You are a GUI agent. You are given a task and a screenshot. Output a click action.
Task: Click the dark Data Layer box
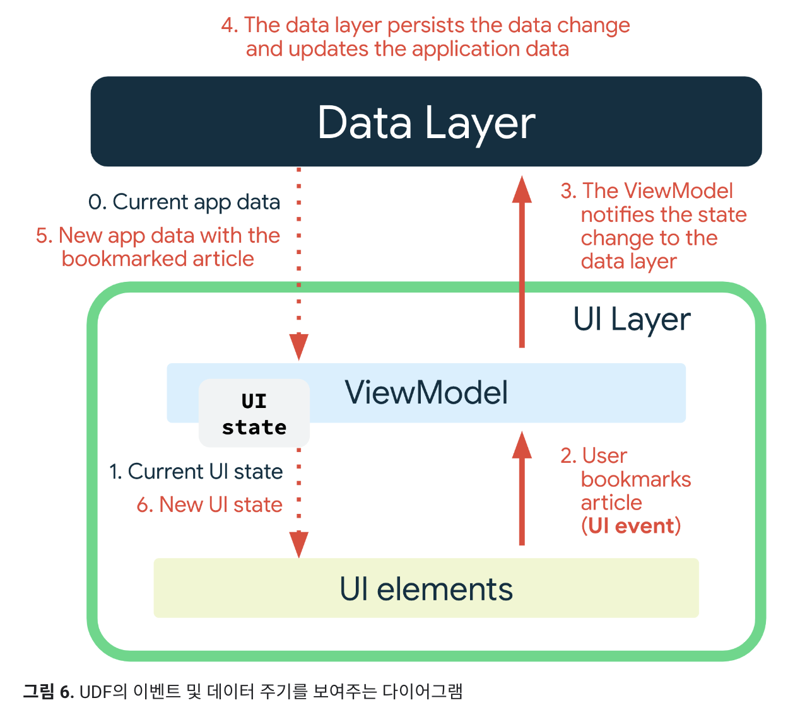pos(426,122)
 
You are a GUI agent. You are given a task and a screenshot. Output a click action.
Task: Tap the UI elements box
pos(426,588)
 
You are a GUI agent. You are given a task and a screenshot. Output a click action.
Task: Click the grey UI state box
pos(254,414)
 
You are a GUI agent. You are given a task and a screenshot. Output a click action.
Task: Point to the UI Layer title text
pos(632,319)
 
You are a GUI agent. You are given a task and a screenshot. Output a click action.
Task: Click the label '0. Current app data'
pos(184,202)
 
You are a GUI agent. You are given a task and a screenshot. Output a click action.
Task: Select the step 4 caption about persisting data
pos(425,37)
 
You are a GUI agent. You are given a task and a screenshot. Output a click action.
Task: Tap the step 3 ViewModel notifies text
pos(653,226)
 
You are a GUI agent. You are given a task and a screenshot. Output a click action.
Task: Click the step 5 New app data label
pos(158,247)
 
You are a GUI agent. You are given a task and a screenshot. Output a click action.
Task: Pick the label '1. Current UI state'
pos(196,471)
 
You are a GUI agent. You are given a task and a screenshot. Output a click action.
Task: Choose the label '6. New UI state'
pos(209,504)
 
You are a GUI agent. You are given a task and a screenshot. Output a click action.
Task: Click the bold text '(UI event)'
pos(630,526)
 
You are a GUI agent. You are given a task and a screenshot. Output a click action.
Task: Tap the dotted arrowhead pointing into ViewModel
pos(298,347)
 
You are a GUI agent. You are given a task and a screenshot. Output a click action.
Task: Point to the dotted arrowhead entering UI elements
pos(298,544)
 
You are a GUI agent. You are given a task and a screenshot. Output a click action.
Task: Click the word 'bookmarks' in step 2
pos(635,479)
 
